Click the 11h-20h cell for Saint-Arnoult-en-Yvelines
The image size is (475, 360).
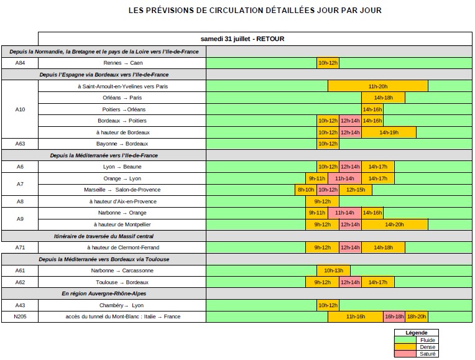[x=377, y=86]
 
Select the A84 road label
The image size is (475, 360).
[x=20, y=63]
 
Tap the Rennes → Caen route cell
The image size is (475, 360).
[x=122, y=63]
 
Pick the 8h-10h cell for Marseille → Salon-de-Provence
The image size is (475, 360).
[x=306, y=190]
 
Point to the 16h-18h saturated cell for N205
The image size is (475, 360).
[x=394, y=316]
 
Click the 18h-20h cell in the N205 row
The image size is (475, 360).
[x=417, y=316]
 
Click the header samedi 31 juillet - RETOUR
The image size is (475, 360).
[x=255, y=39]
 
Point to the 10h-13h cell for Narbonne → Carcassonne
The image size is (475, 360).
[x=333, y=270]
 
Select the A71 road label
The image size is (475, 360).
[x=20, y=247]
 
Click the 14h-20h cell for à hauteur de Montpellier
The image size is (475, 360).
[x=394, y=224]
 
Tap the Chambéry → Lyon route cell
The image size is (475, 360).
[x=122, y=305]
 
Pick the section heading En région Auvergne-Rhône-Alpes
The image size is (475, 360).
[x=103, y=293]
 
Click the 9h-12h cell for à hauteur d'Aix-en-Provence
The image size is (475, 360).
[x=322, y=201]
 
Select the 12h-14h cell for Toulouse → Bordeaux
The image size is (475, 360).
[x=350, y=282]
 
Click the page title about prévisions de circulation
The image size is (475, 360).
[x=255, y=11]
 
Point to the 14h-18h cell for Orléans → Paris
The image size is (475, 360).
[x=383, y=98]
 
